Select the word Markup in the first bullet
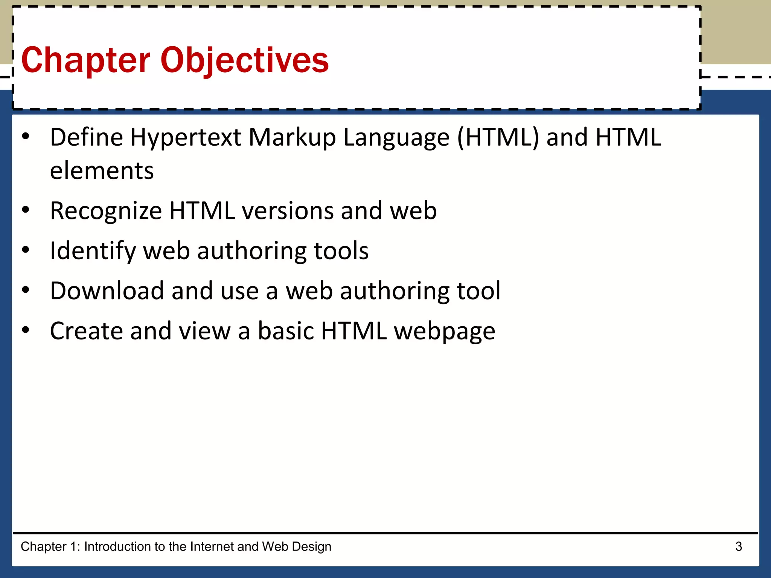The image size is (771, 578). tap(292, 137)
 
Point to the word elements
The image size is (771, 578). tap(102, 171)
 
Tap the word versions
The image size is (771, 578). tap(288, 211)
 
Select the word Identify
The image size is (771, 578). tap(93, 251)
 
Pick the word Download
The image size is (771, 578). tap(107, 291)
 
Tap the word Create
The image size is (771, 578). tap(87, 331)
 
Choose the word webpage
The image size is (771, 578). tap(445, 331)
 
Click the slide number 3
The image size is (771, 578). tap(739, 546)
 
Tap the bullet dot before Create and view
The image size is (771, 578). tap(26, 330)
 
